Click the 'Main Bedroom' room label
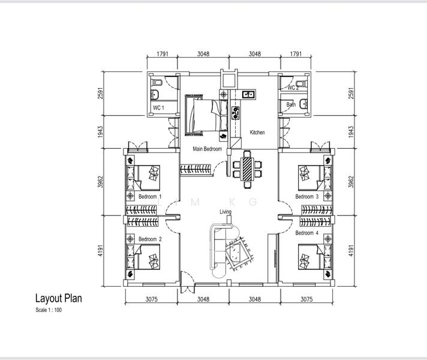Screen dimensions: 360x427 [x=207, y=149]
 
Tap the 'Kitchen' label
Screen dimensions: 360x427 [x=257, y=133]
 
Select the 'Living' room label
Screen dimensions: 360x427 [x=225, y=212]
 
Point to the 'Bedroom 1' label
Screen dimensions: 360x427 [x=150, y=197]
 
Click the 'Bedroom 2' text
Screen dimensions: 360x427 [x=150, y=239]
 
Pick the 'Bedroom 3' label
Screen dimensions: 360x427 [x=307, y=197]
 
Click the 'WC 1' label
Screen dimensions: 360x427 [x=158, y=108]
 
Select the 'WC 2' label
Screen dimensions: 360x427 [x=293, y=88]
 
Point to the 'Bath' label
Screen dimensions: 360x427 [x=291, y=104]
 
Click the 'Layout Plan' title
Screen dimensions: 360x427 [x=58, y=298]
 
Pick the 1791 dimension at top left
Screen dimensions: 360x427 [x=163, y=54]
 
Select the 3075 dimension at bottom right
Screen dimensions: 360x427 [x=306, y=300]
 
